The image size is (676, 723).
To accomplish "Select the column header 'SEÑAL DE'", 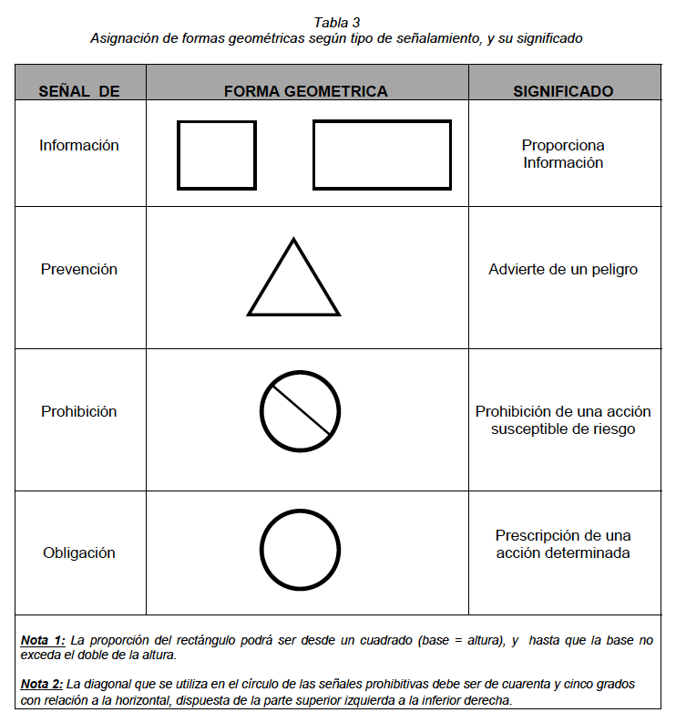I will click(x=79, y=91).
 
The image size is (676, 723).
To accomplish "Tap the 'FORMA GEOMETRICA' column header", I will click(x=306, y=91).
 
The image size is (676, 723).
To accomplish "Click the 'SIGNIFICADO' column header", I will click(x=563, y=91).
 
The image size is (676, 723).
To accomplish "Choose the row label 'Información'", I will click(x=79, y=145).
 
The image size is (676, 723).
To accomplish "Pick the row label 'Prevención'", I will click(x=79, y=269).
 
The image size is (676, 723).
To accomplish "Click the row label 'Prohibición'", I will click(x=79, y=411).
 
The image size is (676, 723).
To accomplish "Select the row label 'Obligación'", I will click(x=79, y=553).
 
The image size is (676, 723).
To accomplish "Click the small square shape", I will click(x=217, y=155).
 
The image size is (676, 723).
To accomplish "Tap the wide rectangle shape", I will click(x=382, y=155).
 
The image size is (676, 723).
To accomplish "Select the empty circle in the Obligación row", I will click(x=300, y=550).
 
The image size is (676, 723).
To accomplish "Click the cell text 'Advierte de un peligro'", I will click(x=563, y=269).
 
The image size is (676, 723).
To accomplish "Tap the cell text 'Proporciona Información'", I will click(x=563, y=154).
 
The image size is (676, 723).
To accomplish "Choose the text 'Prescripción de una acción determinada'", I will click(x=563, y=544).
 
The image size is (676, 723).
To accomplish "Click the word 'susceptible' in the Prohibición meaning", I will click(x=528, y=429).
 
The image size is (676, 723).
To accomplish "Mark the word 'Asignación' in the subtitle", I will click(x=125, y=39).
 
